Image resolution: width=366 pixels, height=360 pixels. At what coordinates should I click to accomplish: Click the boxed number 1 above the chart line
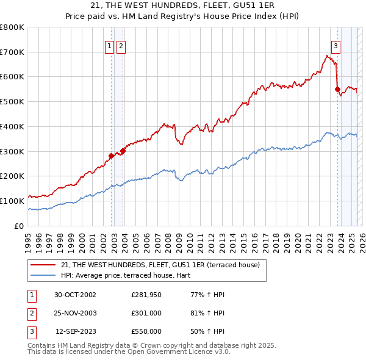109,46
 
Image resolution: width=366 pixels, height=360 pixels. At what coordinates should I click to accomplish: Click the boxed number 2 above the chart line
121,46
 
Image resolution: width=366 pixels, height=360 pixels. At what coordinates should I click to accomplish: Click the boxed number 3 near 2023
335,46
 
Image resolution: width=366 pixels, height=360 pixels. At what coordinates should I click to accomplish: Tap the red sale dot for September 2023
337,89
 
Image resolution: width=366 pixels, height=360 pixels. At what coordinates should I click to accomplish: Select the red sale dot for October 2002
112,156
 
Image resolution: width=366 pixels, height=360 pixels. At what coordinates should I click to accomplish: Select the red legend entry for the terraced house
160,265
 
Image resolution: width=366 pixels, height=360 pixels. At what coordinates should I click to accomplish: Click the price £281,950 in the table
146,295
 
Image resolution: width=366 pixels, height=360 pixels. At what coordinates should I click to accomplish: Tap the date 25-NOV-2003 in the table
76,313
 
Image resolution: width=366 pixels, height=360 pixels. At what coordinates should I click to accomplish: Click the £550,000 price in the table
146,331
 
